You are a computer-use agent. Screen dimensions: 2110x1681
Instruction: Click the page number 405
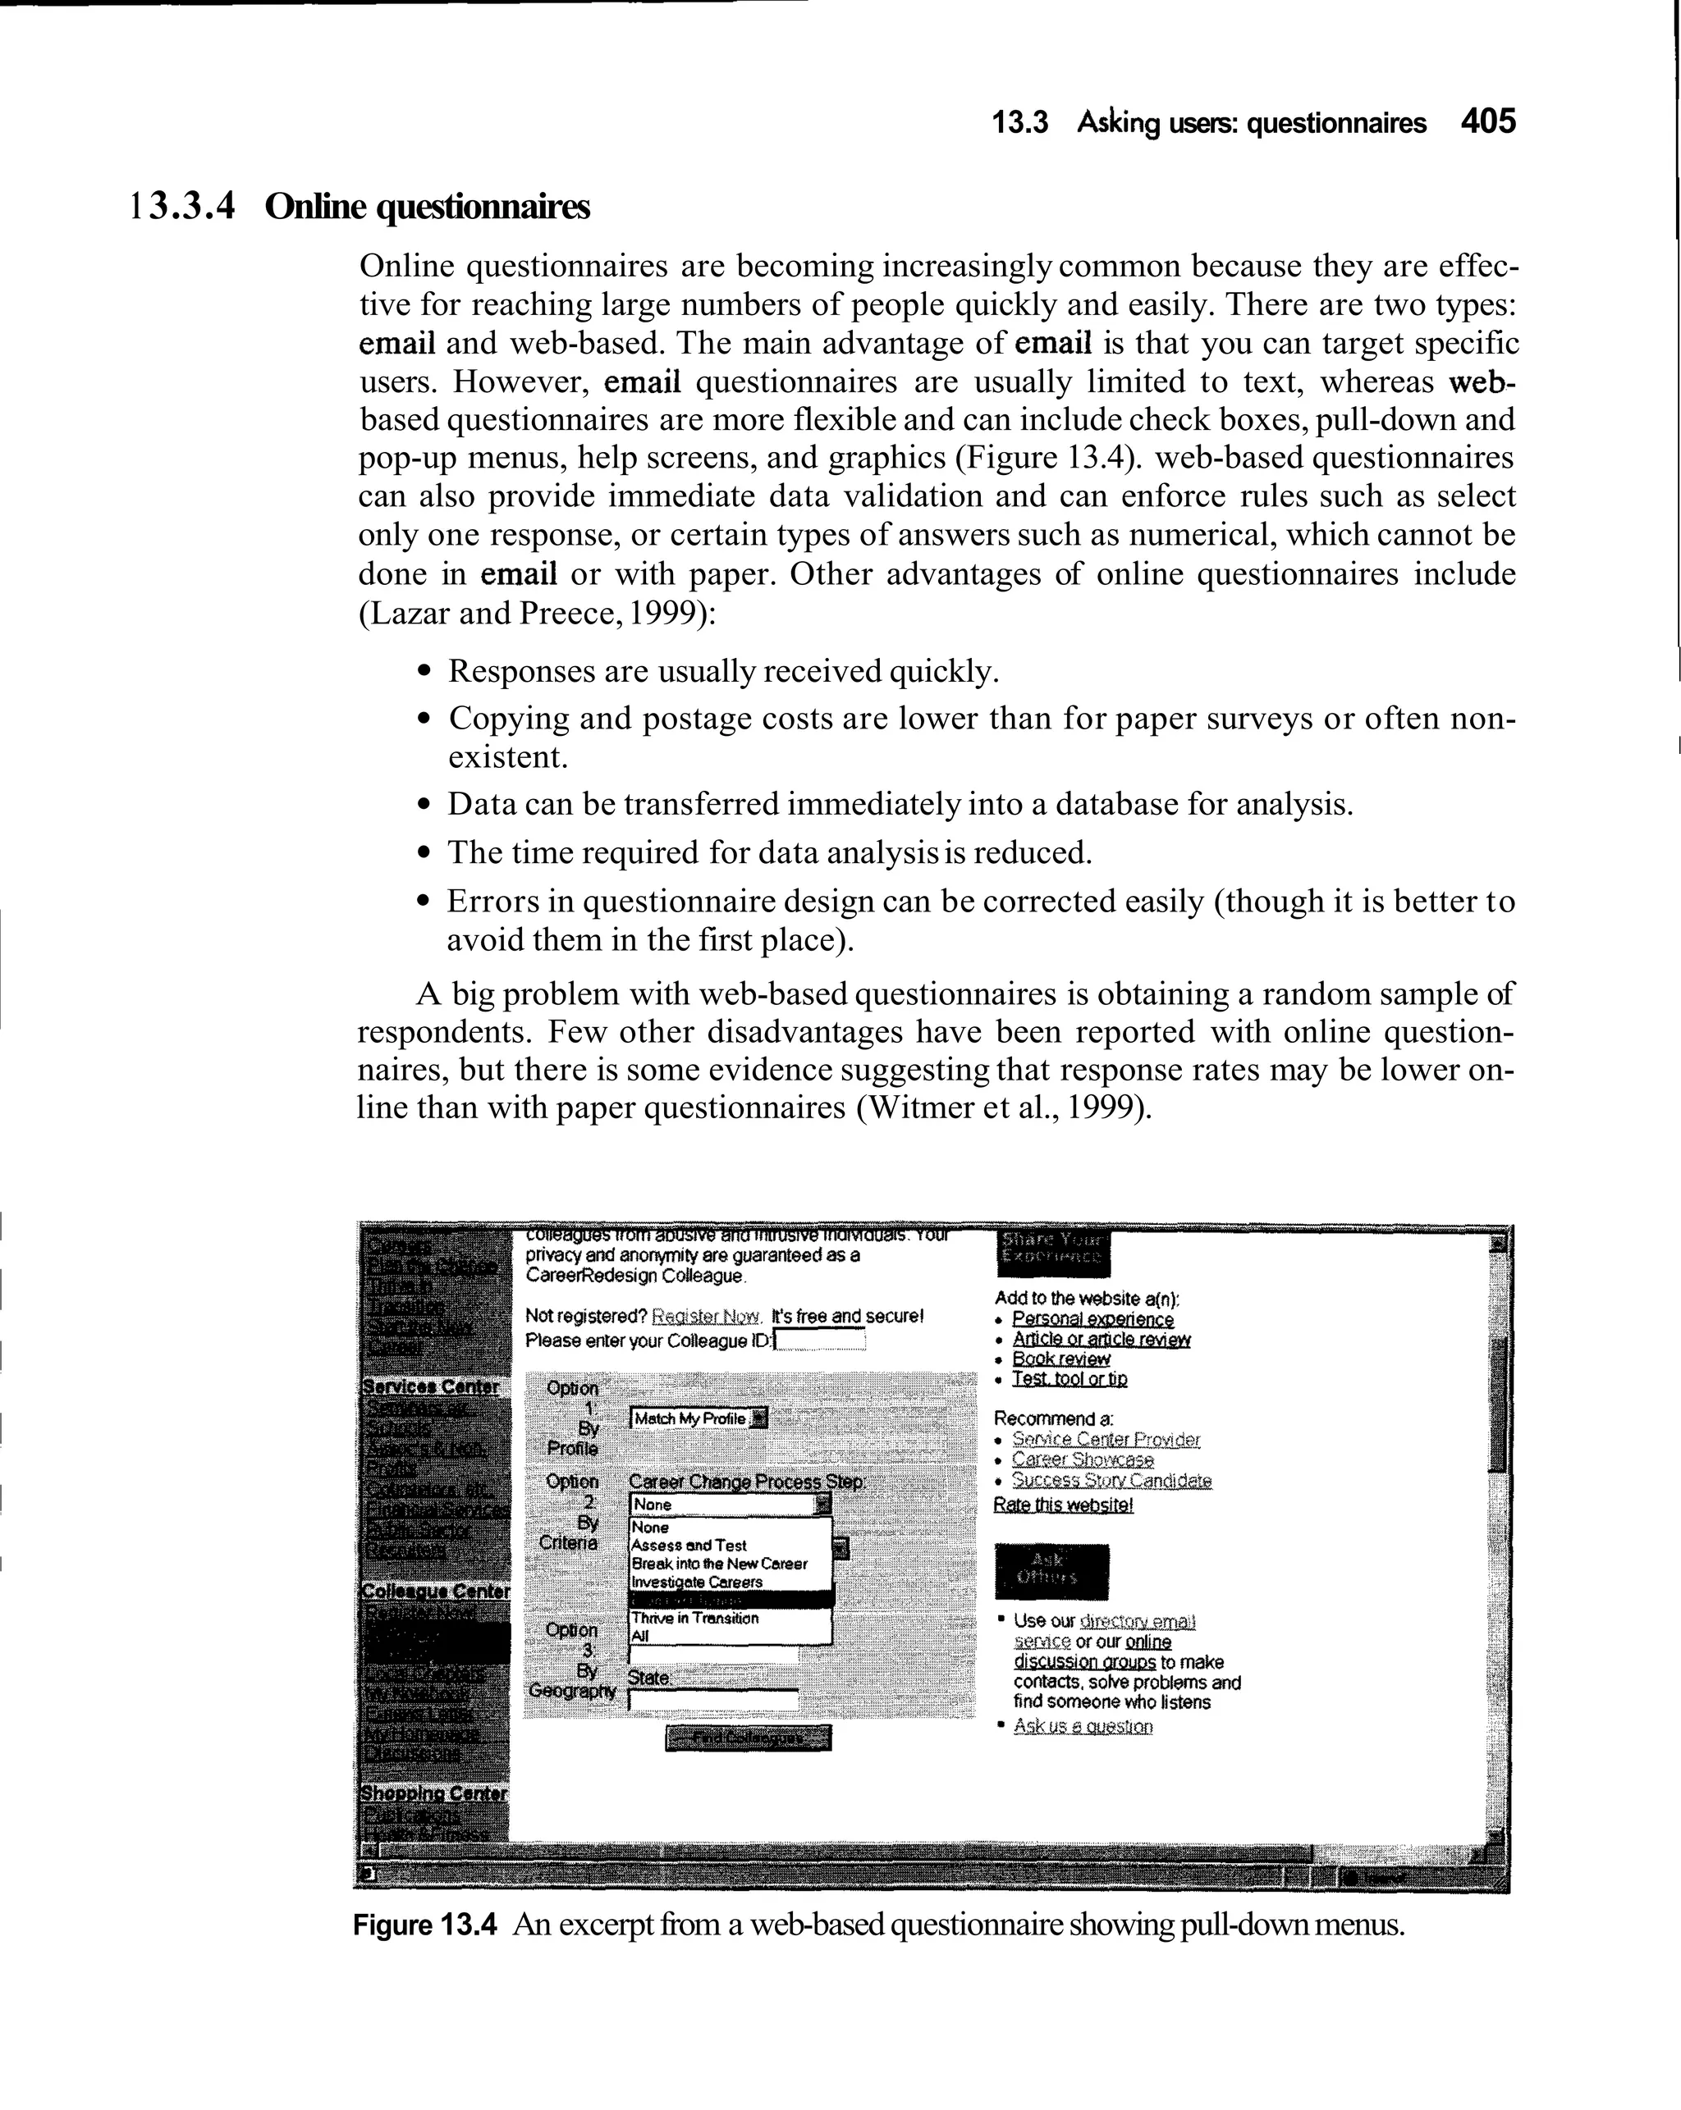[x=1487, y=121]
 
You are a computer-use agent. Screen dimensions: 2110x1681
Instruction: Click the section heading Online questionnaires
[x=427, y=208]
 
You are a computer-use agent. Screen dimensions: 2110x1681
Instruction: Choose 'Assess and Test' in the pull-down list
[x=689, y=1546]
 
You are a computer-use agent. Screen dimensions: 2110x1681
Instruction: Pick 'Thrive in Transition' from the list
[x=694, y=1619]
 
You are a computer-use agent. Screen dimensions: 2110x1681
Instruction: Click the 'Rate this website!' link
[x=1062, y=1505]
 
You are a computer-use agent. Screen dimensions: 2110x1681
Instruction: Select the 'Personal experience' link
[x=1092, y=1319]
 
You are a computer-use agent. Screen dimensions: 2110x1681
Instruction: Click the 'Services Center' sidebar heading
[x=431, y=1386]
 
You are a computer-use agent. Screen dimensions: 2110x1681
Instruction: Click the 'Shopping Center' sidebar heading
[x=433, y=1794]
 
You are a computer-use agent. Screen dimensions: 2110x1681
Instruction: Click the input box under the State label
[x=712, y=1700]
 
